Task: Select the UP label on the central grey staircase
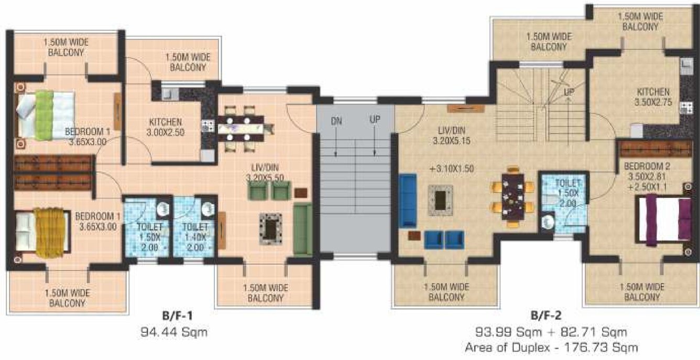tap(375, 120)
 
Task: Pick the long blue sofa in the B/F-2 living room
tap(407, 200)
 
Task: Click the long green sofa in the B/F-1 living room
tap(302, 229)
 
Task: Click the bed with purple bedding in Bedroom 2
tap(663, 219)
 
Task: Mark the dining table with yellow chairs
tap(511, 197)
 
